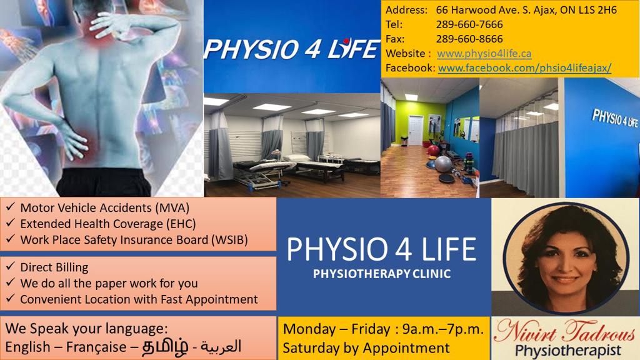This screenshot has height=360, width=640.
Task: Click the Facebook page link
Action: point(524,67)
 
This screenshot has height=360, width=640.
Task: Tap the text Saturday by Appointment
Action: point(366,347)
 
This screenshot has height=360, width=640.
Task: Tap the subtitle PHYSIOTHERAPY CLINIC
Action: point(381,273)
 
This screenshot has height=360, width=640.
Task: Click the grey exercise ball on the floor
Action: point(443,164)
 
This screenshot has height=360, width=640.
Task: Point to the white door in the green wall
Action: point(416,131)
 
